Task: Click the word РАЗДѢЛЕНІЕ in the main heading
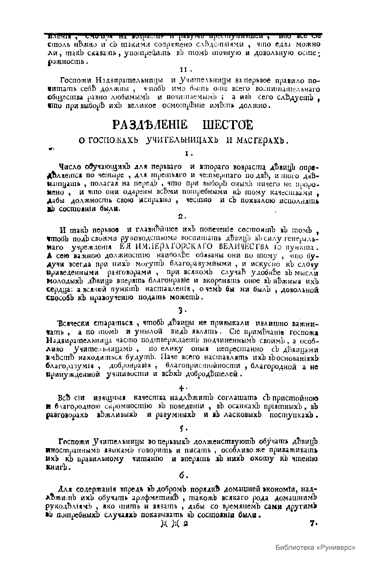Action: [x=149, y=125]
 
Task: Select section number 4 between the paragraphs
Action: [x=182, y=388]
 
